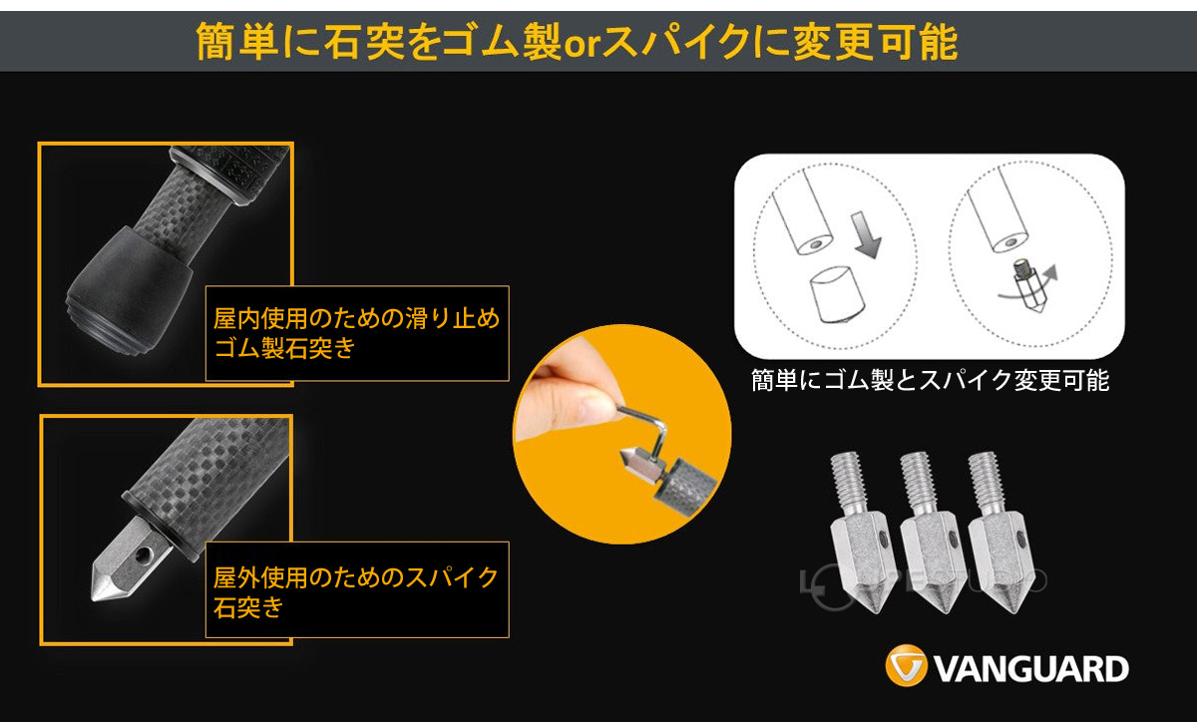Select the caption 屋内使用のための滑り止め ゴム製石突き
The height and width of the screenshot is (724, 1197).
[356, 334]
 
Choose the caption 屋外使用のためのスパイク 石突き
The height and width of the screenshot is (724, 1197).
[356, 590]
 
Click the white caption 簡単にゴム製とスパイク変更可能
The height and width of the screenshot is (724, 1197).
[930, 381]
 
